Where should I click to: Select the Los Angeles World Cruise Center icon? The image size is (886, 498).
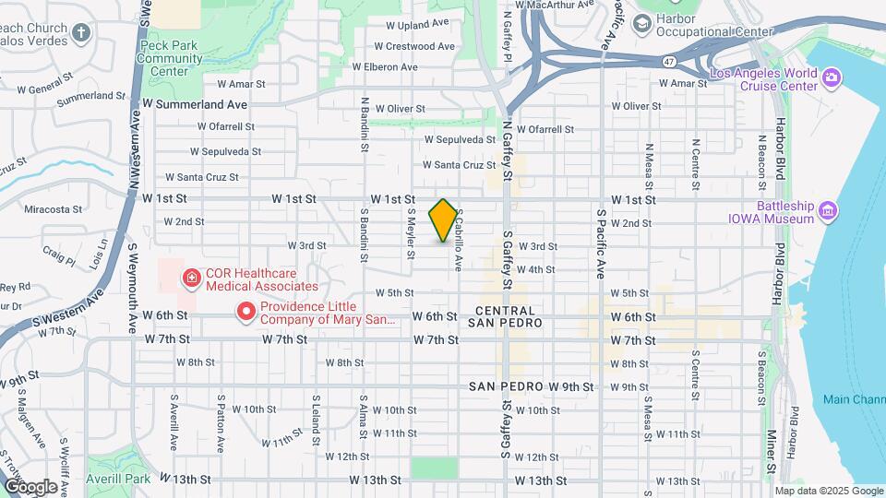click(x=832, y=77)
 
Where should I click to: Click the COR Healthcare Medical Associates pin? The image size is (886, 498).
click(x=191, y=278)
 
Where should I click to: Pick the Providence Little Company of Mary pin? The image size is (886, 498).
click(x=246, y=313)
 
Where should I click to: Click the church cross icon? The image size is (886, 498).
click(x=81, y=34)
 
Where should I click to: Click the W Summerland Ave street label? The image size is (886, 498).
click(x=195, y=105)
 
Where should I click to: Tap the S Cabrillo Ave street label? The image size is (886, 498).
click(x=458, y=239)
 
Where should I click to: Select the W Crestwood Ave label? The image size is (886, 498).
click(x=414, y=46)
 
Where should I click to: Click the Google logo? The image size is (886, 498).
click(x=30, y=486)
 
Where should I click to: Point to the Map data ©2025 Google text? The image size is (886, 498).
click(x=828, y=491)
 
